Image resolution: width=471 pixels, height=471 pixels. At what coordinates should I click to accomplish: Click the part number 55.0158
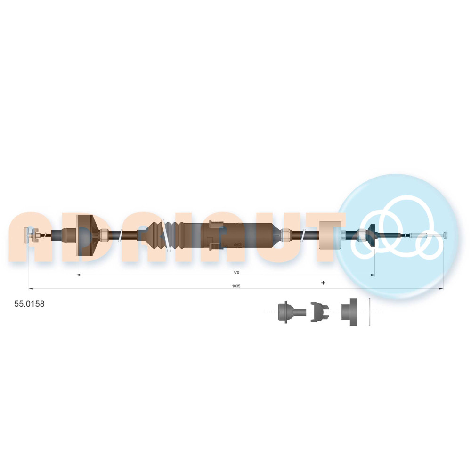29,304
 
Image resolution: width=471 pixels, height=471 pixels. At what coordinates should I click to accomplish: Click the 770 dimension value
236,272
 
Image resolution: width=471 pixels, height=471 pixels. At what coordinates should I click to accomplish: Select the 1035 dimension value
236,286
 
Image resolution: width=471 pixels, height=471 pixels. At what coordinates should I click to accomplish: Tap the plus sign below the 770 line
323,282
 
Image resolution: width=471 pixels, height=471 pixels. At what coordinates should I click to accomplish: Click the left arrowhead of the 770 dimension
78,275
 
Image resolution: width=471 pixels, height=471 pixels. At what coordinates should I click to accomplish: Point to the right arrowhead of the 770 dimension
373,275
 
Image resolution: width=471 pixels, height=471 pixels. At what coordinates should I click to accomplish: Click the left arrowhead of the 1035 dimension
31,289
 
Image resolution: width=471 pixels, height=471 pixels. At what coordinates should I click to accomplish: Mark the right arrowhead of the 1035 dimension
441,289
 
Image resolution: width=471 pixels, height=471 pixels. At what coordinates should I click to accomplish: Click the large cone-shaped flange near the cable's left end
86,235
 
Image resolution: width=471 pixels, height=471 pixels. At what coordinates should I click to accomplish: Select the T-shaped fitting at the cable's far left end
30,235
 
